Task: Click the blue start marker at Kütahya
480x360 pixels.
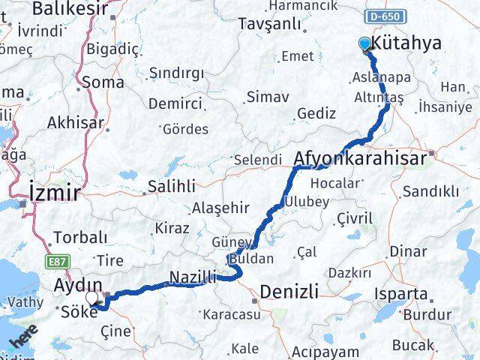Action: point(365,44)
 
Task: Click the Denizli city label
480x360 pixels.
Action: point(289,291)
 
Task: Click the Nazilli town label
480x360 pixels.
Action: point(193,277)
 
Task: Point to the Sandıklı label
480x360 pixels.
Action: point(430,191)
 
